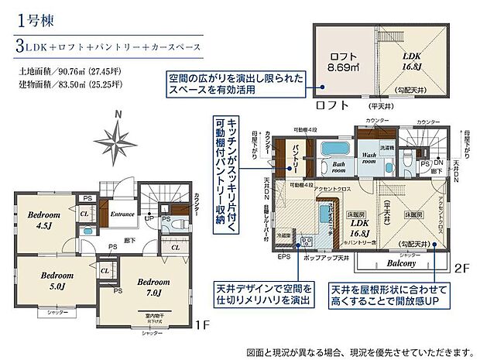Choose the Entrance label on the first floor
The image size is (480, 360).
click(x=122, y=213)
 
